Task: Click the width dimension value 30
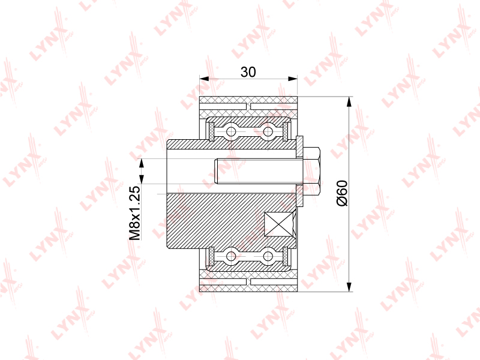248,72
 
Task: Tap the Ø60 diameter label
342,193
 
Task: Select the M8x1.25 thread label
134,213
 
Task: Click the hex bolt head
311,172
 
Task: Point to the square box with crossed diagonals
278,224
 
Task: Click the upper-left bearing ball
231,131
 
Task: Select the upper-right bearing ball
268,131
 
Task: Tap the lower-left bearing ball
231,256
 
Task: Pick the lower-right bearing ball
268,256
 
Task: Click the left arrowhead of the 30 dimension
204,79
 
